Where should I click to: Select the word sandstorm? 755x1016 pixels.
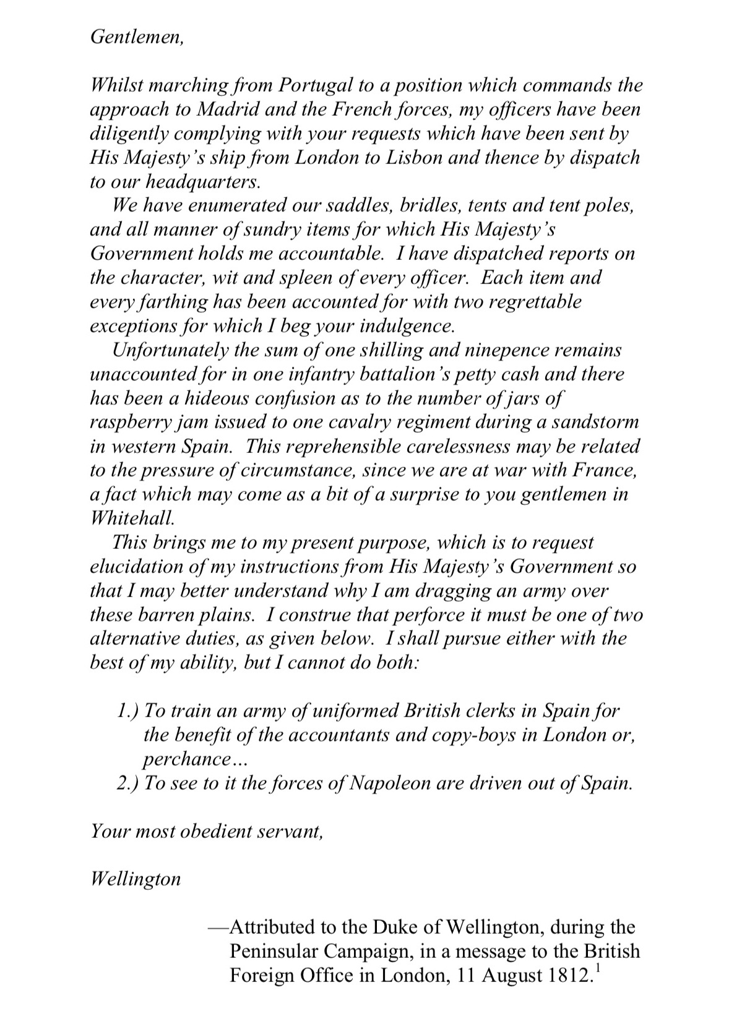592,422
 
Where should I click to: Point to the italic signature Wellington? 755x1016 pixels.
136,879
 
